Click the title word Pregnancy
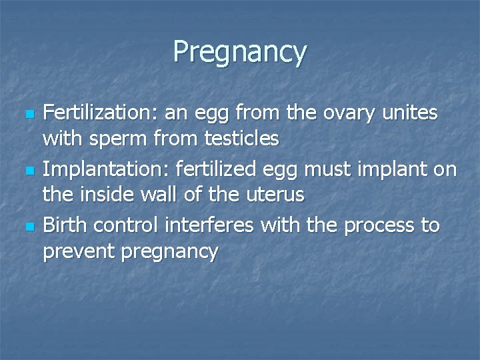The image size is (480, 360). pyautogui.click(x=240, y=52)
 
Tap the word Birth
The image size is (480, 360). pyautogui.click(x=65, y=225)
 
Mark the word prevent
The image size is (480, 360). pyautogui.click(x=79, y=252)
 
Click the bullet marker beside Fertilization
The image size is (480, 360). pyautogui.click(x=27, y=115)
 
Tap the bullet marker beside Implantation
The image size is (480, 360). pyautogui.click(x=27, y=171)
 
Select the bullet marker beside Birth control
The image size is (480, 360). pyautogui.click(x=27, y=227)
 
